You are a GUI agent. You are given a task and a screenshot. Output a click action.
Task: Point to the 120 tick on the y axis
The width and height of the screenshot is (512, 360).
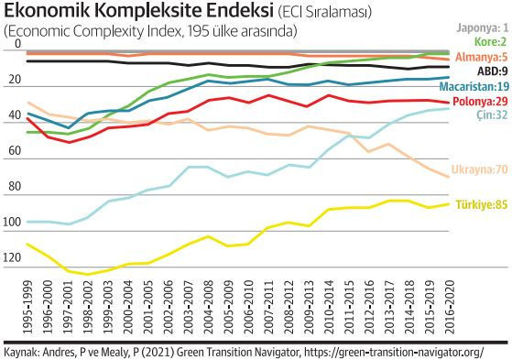pyautogui.click(x=12, y=260)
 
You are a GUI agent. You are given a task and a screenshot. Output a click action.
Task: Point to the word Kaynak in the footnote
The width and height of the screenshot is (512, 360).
pyautogui.click(x=22, y=351)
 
